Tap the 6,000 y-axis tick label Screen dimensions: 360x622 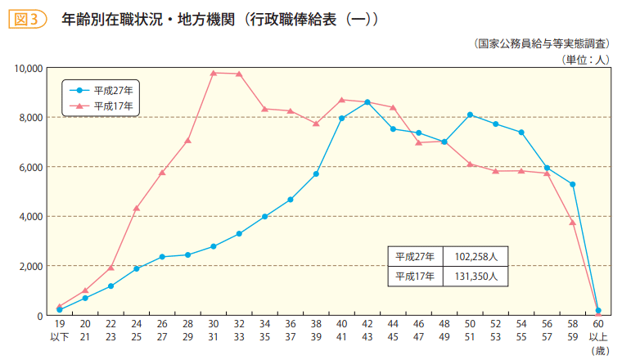click(30, 167)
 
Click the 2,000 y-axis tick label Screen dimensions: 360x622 click(30, 266)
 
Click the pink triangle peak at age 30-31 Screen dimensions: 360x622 click(213, 73)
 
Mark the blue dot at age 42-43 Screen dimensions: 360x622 click(367, 102)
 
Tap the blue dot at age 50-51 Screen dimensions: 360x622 click(471, 115)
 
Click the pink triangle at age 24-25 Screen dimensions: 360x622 click(136, 208)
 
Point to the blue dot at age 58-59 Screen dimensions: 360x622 click(573, 184)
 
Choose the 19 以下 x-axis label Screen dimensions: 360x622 click(59, 331)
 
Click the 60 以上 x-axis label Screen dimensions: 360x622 click(598, 331)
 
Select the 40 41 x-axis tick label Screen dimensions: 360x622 click(341, 331)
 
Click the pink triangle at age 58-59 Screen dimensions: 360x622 click(573, 222)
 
